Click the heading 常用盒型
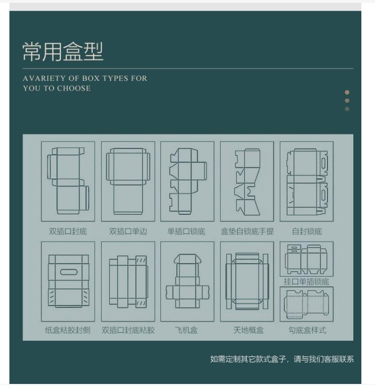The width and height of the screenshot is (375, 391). coord(63,52)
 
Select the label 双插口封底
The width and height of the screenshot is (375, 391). coord(68,231)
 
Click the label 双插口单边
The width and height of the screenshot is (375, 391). coord(128,231)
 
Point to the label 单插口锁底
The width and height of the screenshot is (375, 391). coord(187,231)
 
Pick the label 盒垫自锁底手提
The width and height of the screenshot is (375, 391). coord(247,231)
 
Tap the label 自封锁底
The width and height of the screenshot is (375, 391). coord(307,231)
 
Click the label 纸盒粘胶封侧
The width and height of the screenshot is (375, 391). coord(68,330)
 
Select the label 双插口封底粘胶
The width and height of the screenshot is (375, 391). coord(128,330)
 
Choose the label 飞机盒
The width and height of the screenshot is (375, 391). coord(187,330)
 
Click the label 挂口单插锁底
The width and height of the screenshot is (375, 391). coord(307,282)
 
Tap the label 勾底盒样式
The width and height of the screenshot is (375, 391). coord(307,330)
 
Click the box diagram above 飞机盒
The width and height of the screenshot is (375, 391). coord(187,282)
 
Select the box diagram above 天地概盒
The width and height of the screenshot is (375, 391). coord(247,282)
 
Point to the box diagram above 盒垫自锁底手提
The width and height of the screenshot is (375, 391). coord(247,181)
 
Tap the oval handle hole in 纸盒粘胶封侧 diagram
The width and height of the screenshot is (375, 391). coord(69,272)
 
